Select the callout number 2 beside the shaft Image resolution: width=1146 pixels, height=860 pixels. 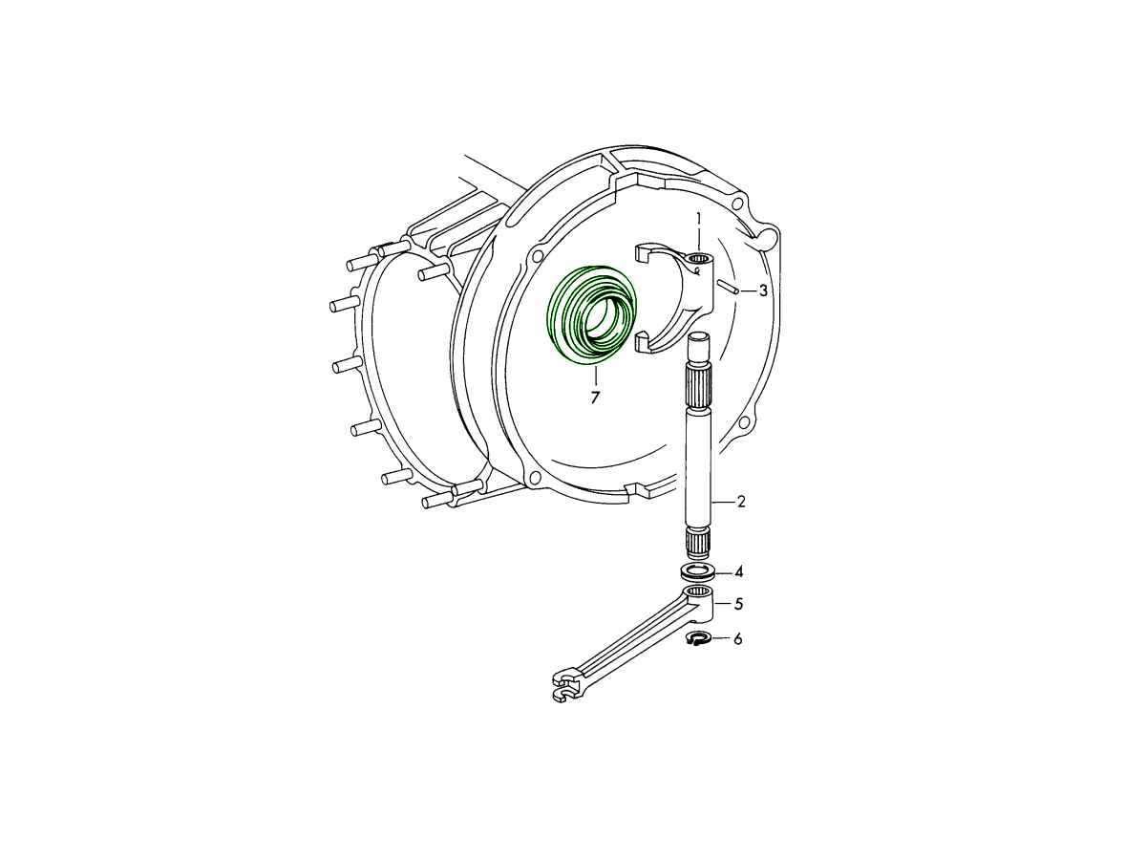point(741,502)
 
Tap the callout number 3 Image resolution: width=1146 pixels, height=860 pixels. point(763,290)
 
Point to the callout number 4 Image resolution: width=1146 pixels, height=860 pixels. point(739,572)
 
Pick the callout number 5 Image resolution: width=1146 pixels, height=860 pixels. point(738,604)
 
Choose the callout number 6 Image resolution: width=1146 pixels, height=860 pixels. point(737,639)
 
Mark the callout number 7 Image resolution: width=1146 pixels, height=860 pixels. point(595,398)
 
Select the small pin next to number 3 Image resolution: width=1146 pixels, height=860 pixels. point(726,286)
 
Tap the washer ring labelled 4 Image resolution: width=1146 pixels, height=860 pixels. point(696,572)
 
